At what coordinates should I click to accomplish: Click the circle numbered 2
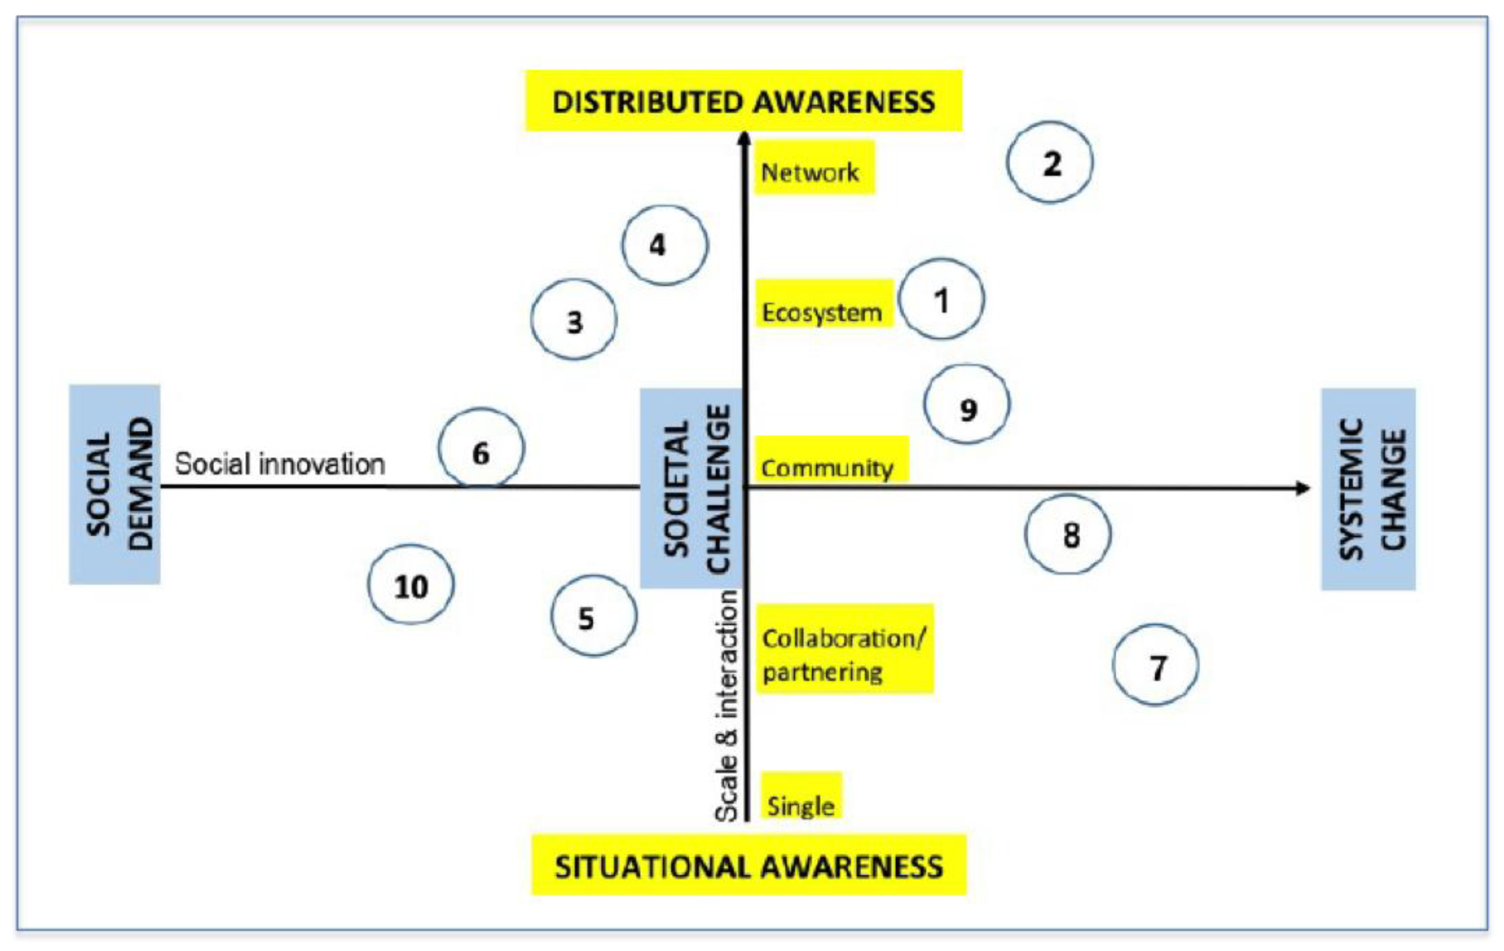1049,163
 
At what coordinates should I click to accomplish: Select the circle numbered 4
664,245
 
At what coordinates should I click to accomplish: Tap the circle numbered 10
410,585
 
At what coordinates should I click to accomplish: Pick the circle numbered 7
1155,665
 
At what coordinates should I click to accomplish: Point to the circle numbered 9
966,405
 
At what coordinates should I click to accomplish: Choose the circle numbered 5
594,616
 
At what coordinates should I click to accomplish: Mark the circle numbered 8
1067,534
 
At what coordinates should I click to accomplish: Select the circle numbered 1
941,299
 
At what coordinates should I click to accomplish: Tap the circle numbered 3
573,319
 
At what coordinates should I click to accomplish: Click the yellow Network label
814,169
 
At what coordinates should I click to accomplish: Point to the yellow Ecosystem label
824,304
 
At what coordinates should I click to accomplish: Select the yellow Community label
831,460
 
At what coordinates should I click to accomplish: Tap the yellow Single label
801,797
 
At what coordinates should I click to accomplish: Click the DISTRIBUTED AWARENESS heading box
743,101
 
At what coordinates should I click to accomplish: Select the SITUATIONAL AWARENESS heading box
748,865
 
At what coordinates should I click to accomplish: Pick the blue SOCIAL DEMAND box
115,485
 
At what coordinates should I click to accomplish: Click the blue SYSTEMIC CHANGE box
1368,490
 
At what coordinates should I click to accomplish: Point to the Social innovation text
280,464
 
